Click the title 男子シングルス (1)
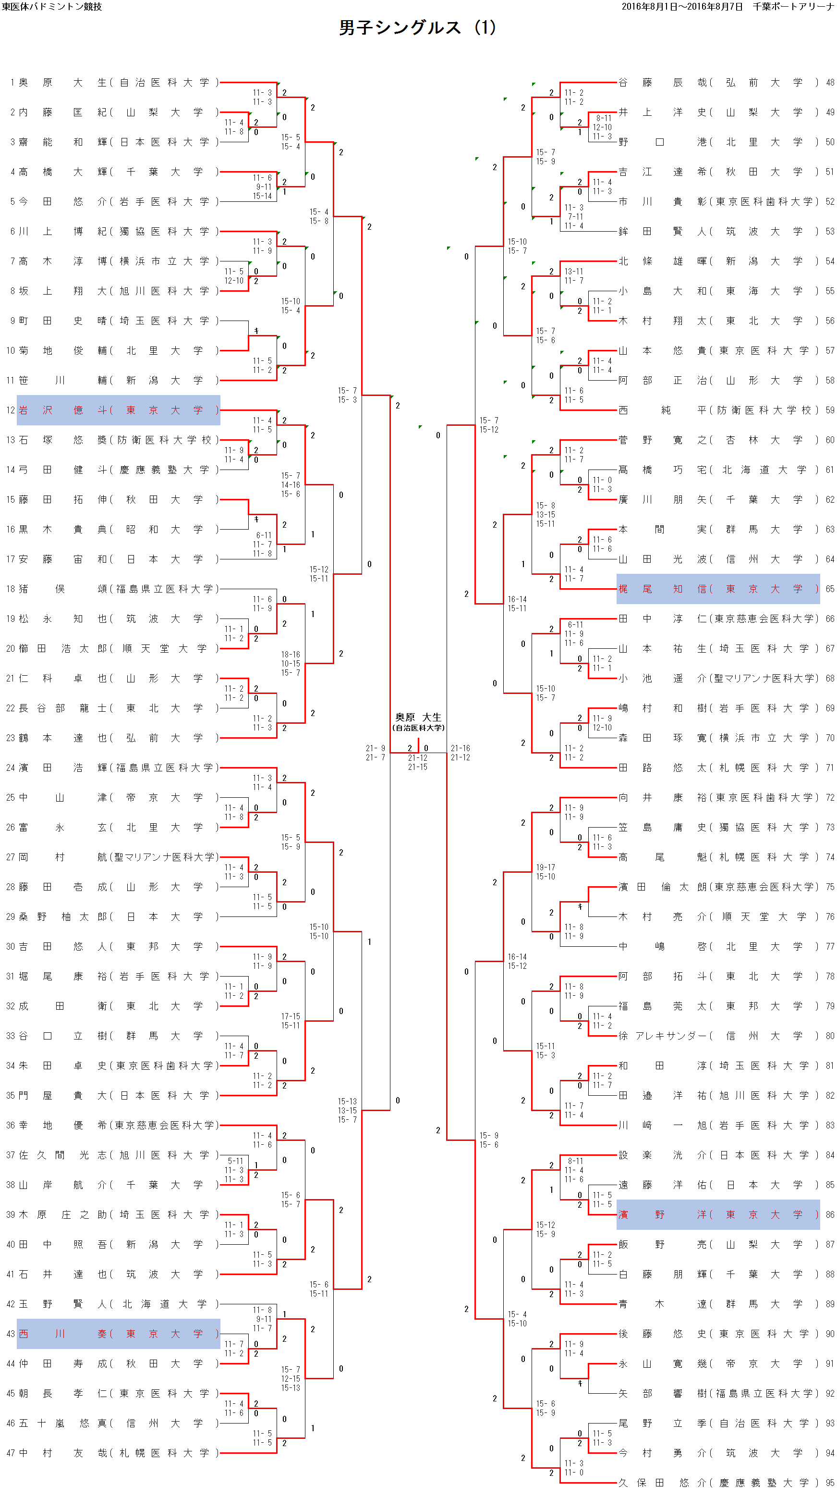click(417, 27)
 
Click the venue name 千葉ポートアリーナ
click(793, 6)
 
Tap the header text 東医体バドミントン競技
click(52, 6)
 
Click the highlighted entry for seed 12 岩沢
click(119, 410)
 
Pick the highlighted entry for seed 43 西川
click(119, 1334)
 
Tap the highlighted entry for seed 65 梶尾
click(718, 589)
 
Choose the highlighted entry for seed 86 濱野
click(718, 1215)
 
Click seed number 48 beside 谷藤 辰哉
click(830, 83)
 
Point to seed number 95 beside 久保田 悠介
click(830, 1482)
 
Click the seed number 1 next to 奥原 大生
click(12, 83)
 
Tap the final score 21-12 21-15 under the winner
click(417, 762)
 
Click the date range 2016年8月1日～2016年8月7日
click(682, 6)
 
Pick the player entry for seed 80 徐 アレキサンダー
click(718, 1036)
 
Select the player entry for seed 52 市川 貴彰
click(718, 202)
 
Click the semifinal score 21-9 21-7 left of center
click(375, 753)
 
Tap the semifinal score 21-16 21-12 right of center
click(461, 753)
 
